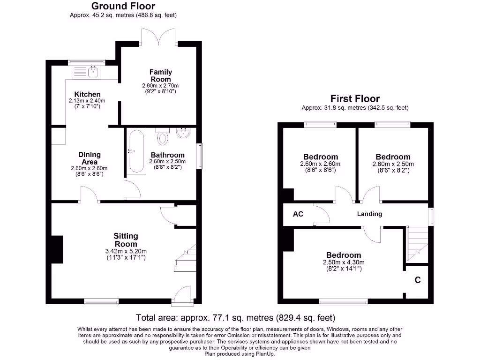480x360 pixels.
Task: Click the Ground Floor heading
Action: tap(123, 6)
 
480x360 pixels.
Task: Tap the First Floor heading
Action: tap(355, 98)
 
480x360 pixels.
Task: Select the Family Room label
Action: tap(160, 75)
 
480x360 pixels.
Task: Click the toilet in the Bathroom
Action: tap(163, 136)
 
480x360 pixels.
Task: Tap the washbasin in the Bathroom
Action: tap(183, 134)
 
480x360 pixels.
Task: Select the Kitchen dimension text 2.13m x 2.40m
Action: tap(87, 101)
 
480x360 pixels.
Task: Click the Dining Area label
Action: tap(89, 158)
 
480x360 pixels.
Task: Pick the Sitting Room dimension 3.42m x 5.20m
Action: tap(126, 251)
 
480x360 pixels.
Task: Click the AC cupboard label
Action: tap(298, 214)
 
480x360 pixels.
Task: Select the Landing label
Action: tap(369, 214)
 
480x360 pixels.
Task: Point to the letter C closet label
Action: tap(417, 280)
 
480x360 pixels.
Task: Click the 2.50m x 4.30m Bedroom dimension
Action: tap(344, 262)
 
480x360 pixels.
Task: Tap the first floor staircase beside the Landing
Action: tap(417, 243)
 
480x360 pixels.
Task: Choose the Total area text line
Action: tap(235, 317)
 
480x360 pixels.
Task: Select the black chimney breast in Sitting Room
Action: tap(57, 249)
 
